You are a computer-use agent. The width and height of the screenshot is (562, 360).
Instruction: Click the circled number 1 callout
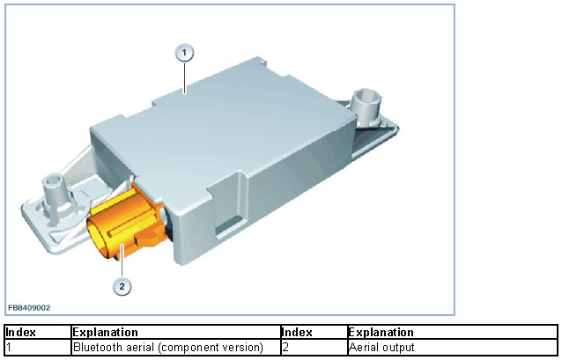pyautogui.click(x=183, y=54)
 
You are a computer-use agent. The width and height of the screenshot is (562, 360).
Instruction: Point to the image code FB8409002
pyautogui.click(x=29, y=308)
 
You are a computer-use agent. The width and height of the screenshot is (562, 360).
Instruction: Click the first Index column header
pyautogui.click(x=20, y=333)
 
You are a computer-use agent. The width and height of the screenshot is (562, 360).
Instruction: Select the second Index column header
pyautogui.click(x=298, y=333)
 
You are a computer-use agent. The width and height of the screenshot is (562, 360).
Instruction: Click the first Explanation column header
pyautogui.click(x=105, y=333)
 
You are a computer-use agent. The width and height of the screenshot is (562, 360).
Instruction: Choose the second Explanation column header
pyautogui.click(x=381, y=333)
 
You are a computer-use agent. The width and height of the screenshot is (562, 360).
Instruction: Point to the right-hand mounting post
pyautogui.click(x=365, y=103)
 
